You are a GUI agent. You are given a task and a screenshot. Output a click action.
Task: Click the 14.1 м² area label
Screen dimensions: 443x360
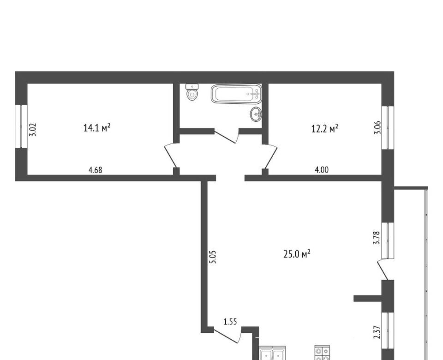pos(96,128)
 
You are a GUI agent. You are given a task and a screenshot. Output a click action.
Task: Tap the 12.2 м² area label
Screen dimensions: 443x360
pos(324,129)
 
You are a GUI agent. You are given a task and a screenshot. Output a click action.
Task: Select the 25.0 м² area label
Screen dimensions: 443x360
pos(297,254)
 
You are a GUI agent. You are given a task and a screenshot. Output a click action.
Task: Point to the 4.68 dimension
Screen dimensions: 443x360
pos(95,170)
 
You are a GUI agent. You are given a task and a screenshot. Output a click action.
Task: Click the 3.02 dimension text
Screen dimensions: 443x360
pos(33,129)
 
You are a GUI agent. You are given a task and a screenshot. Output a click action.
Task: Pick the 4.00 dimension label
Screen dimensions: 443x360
pos(322,170)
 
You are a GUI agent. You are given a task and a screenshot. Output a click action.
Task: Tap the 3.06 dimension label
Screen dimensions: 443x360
pos(377,128)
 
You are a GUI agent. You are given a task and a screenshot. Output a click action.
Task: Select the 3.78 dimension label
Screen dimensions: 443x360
pos(377,238)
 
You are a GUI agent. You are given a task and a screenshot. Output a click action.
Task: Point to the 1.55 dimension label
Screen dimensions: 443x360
pos(230,322)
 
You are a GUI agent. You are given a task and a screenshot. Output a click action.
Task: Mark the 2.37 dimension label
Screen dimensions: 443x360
pos(377,332)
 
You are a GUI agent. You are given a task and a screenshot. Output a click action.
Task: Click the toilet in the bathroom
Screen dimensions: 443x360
pos(192,92)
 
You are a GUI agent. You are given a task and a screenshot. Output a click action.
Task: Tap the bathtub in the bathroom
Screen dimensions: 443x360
pos(236,94)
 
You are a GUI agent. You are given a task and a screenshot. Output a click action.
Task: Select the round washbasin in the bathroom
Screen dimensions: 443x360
pos(256,114)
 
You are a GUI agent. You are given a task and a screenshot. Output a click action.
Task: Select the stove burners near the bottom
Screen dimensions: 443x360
pos(323,353)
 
